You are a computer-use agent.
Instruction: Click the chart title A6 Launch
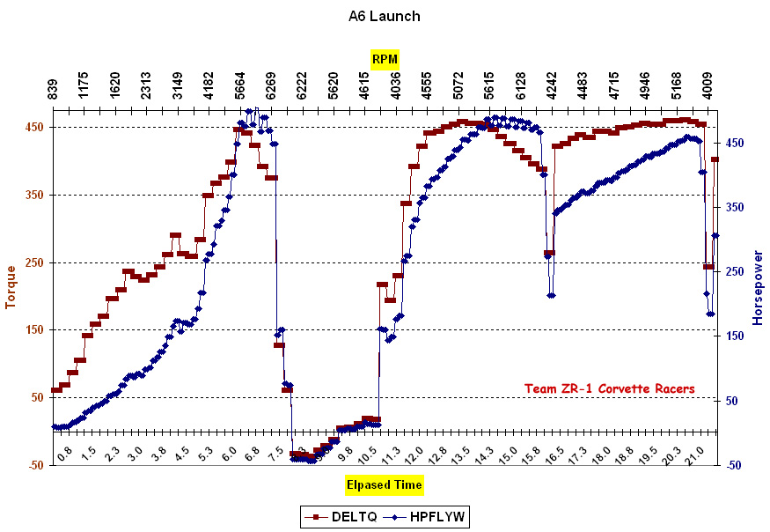click(385, 16)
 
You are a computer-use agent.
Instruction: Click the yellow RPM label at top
click(385, 59)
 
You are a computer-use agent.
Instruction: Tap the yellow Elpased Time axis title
click(384, 484)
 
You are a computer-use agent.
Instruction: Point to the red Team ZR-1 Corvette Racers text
click(609, 388)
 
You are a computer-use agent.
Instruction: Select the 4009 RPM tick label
click(708, 87)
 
